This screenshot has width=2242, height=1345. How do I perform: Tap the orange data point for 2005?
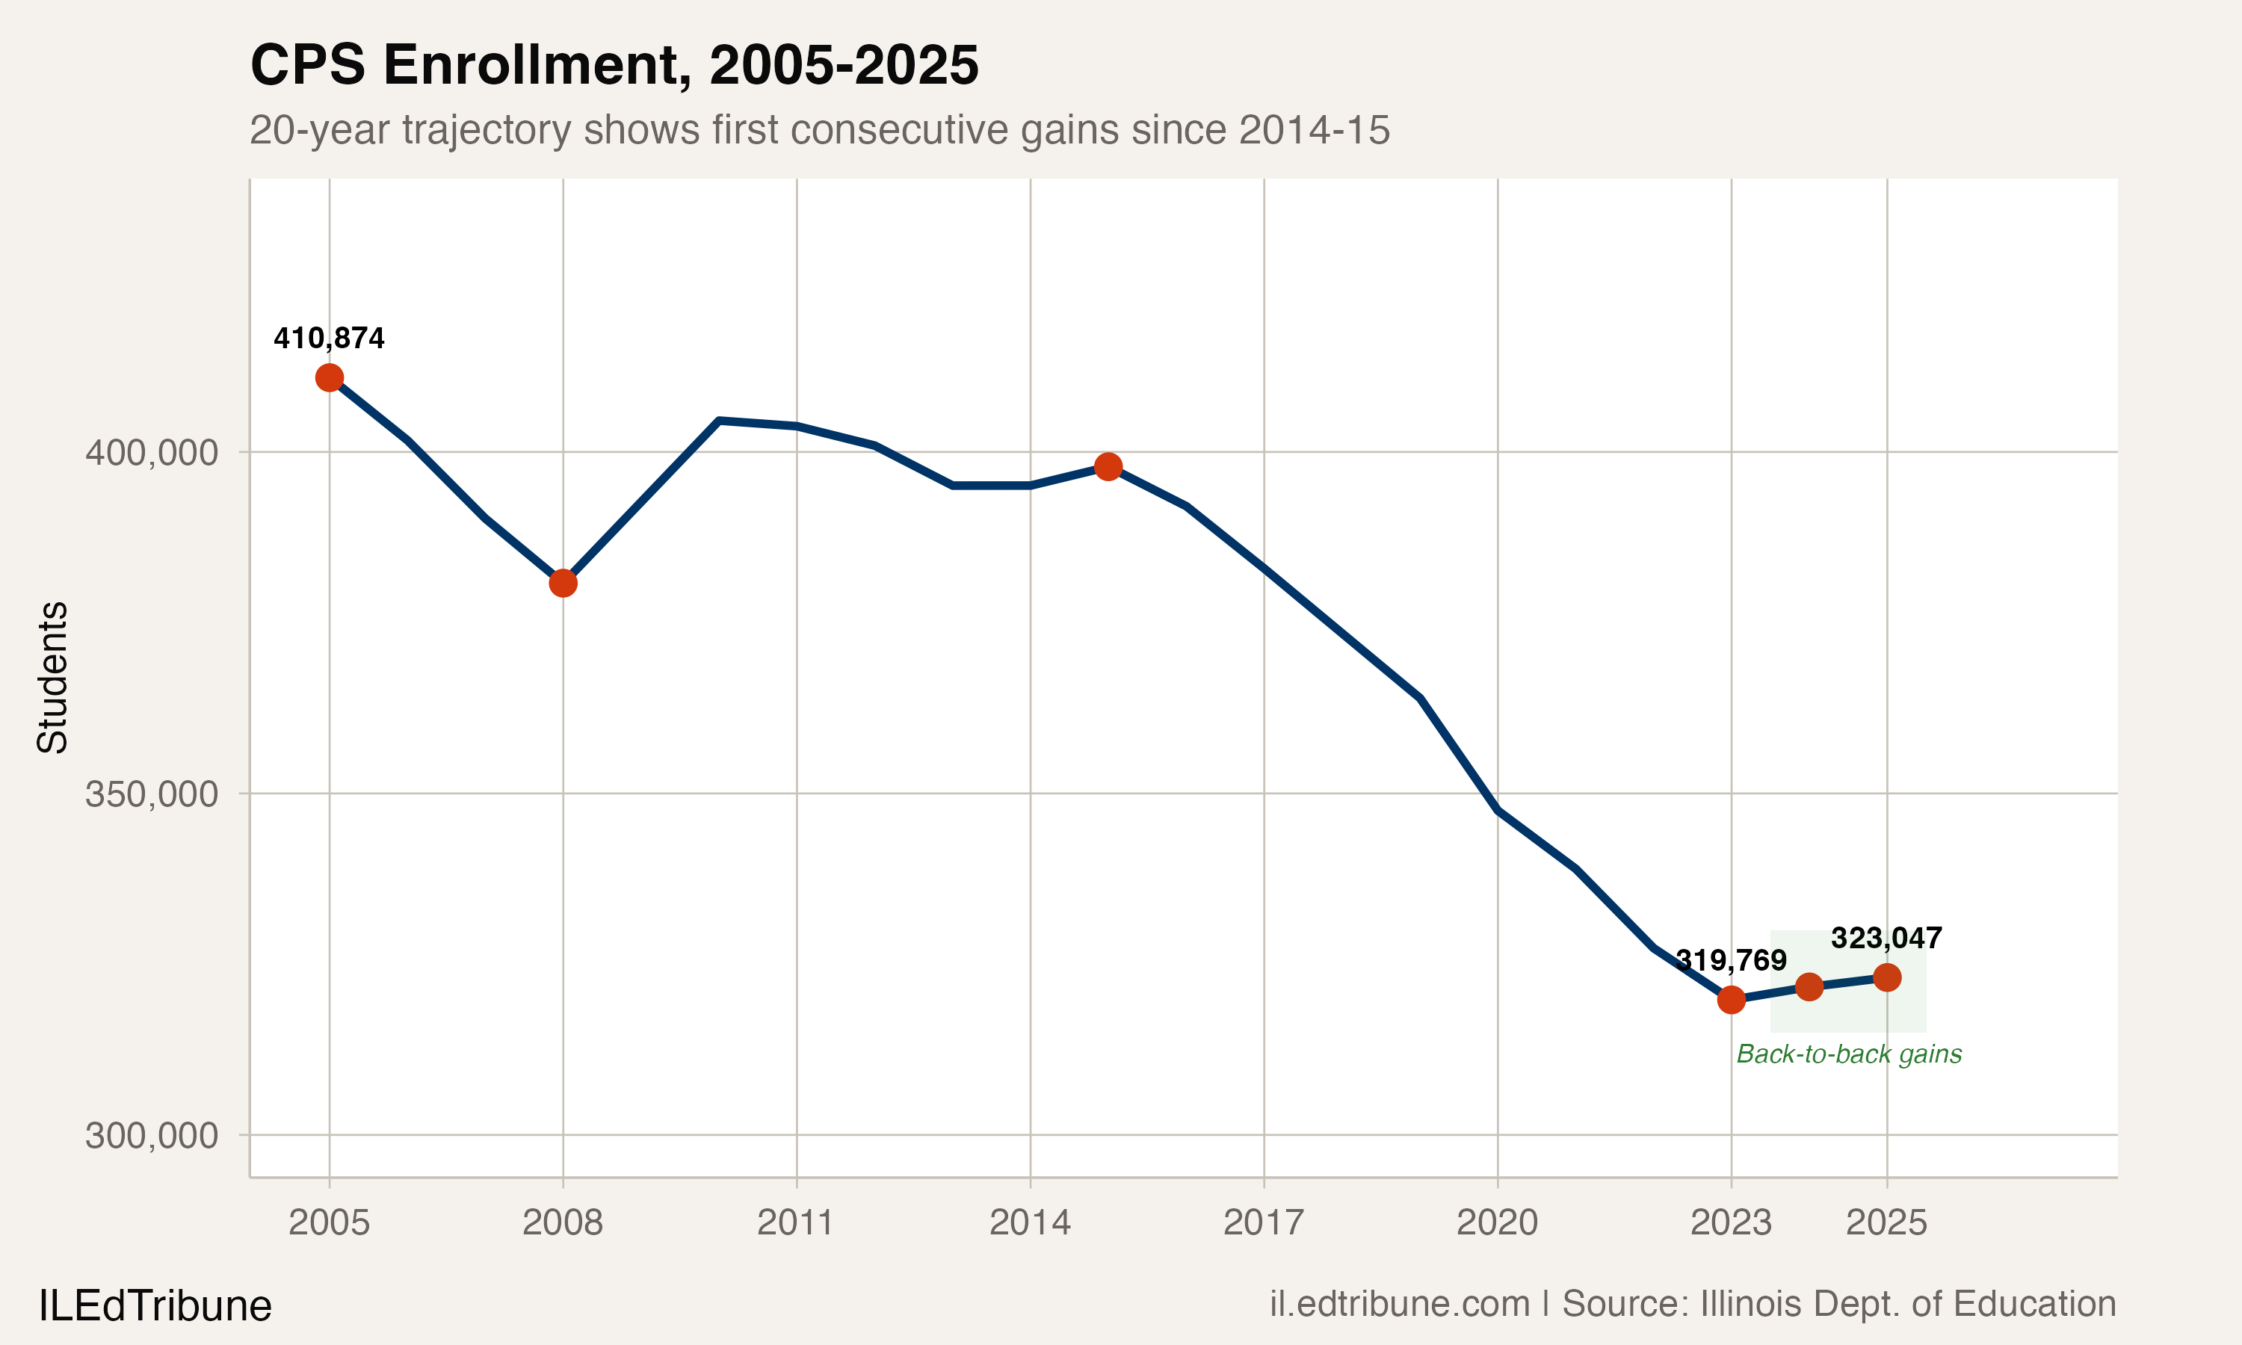pyautogui.click(x=329, y=378)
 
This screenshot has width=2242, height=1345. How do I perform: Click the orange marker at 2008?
pyautogui.click(x=563, y=583)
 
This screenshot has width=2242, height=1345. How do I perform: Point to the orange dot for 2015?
pyautogui.click(x=1108, y=467)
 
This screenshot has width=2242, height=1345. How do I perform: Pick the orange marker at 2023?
pyautogui.click(x=1731, y=1000)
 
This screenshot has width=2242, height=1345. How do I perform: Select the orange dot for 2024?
pyautogui.click(x=1809, y=987)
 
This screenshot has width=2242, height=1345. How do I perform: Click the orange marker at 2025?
pyautogui.click(x=1887, y=977)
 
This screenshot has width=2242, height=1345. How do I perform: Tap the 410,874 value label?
pyautogui.click(x=329, y=338)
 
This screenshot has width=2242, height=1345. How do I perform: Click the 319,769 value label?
pyautogui.click(x=1731, y=960)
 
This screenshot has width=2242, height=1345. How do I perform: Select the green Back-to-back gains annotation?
pyautogui.click(x=1849, y=1054)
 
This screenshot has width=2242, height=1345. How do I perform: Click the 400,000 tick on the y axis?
pyautogui.click(x=152, y=452)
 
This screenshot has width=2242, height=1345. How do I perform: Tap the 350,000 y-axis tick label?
pyautogui.click(x=152, y=794)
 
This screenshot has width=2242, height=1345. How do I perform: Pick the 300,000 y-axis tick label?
pyautogui.click(x=152, y=1135)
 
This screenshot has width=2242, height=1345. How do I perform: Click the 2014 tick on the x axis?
pyautogui.click(x=1030, y=1222)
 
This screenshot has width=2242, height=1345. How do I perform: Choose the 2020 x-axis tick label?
pyautogui.click(x=1497, y=1222)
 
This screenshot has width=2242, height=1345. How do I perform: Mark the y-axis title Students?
pyautogui.click(x=52, y=677)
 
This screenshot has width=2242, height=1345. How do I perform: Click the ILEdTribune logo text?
pyautogui.click(x=155, y=1306)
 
